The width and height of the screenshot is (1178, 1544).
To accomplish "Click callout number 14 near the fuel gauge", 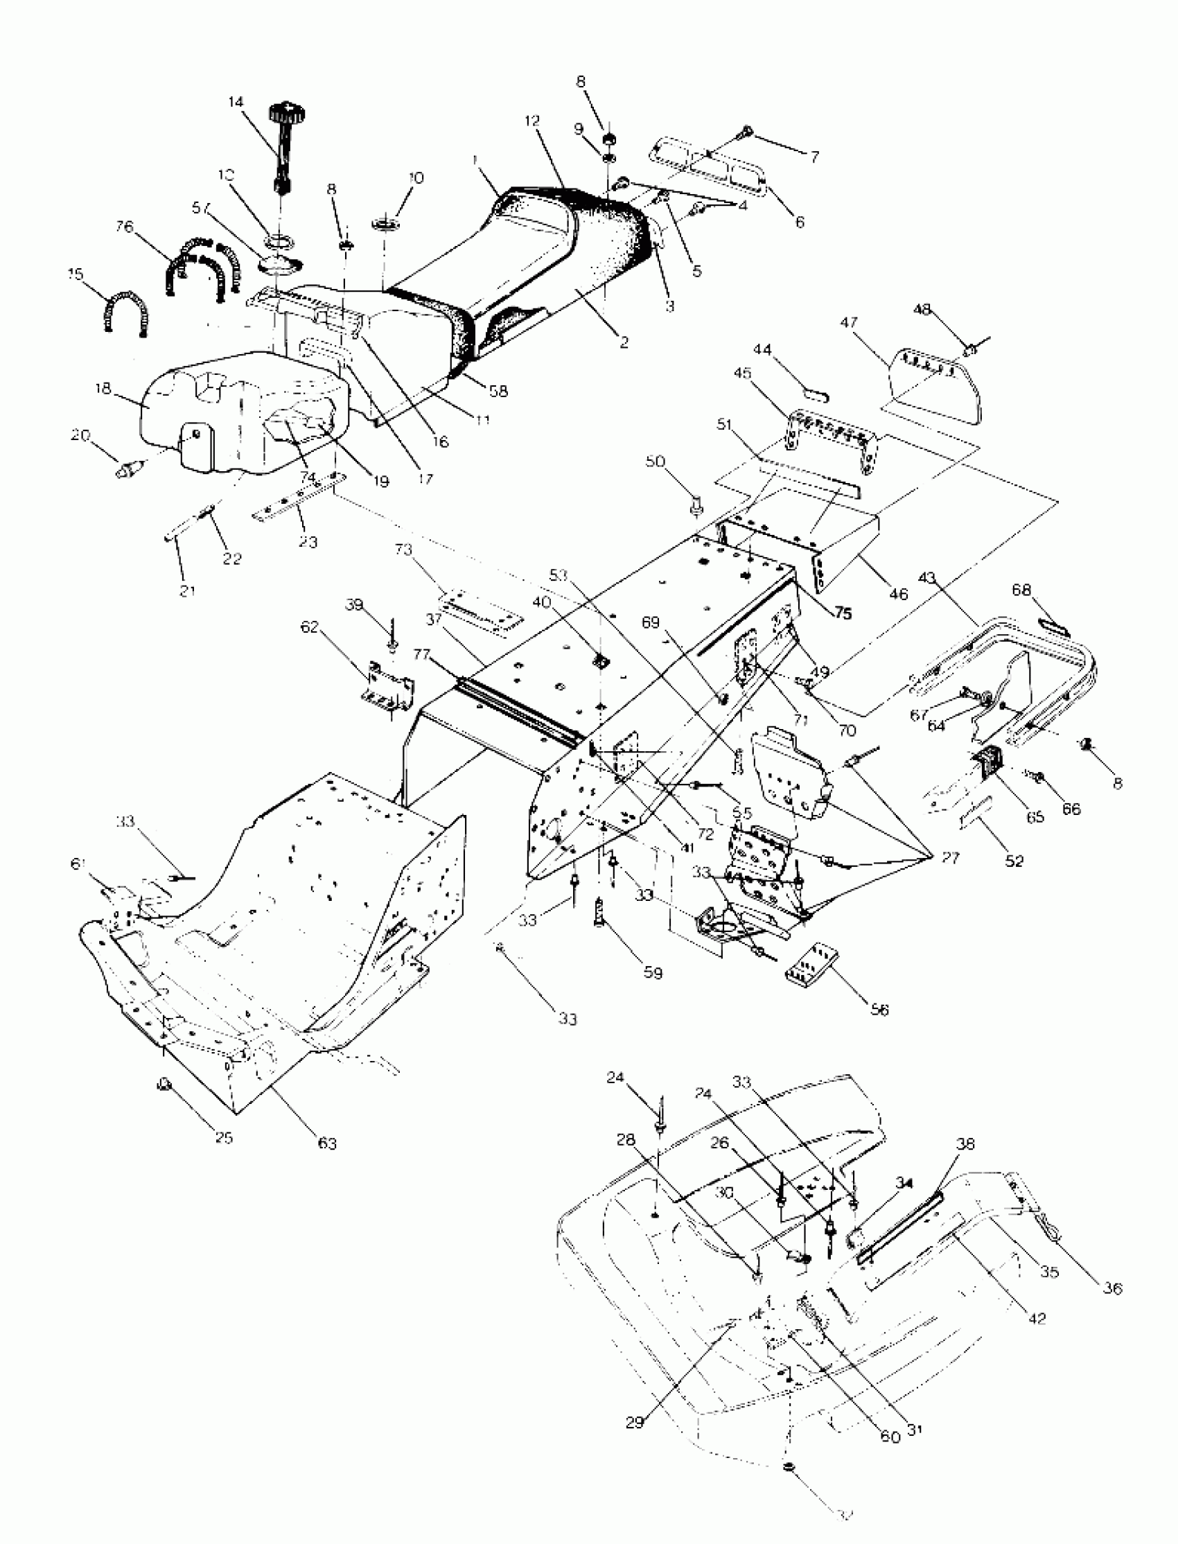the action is click(236, 103).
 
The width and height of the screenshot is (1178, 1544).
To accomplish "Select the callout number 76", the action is click(124, 228).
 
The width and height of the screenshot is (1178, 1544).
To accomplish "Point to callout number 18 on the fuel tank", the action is click(103, 389).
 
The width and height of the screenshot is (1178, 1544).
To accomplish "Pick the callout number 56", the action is click(879, 1010).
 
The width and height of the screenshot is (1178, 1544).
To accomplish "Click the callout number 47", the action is click(849, 322).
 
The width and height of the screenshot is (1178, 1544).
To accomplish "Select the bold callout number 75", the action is click(843, 612).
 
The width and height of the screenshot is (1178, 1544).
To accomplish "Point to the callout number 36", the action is click(1113, 1288).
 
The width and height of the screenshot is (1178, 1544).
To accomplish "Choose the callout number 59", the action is click(653, 973).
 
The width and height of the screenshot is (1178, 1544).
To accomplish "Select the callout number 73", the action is click(404, 550).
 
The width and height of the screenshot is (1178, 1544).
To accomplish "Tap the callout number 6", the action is click(800, 222).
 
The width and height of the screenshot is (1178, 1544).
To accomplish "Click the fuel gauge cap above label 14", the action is click(285, 111).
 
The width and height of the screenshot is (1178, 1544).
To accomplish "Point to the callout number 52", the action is click(1014, 861).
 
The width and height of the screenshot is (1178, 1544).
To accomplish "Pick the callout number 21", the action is click(187, 591).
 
